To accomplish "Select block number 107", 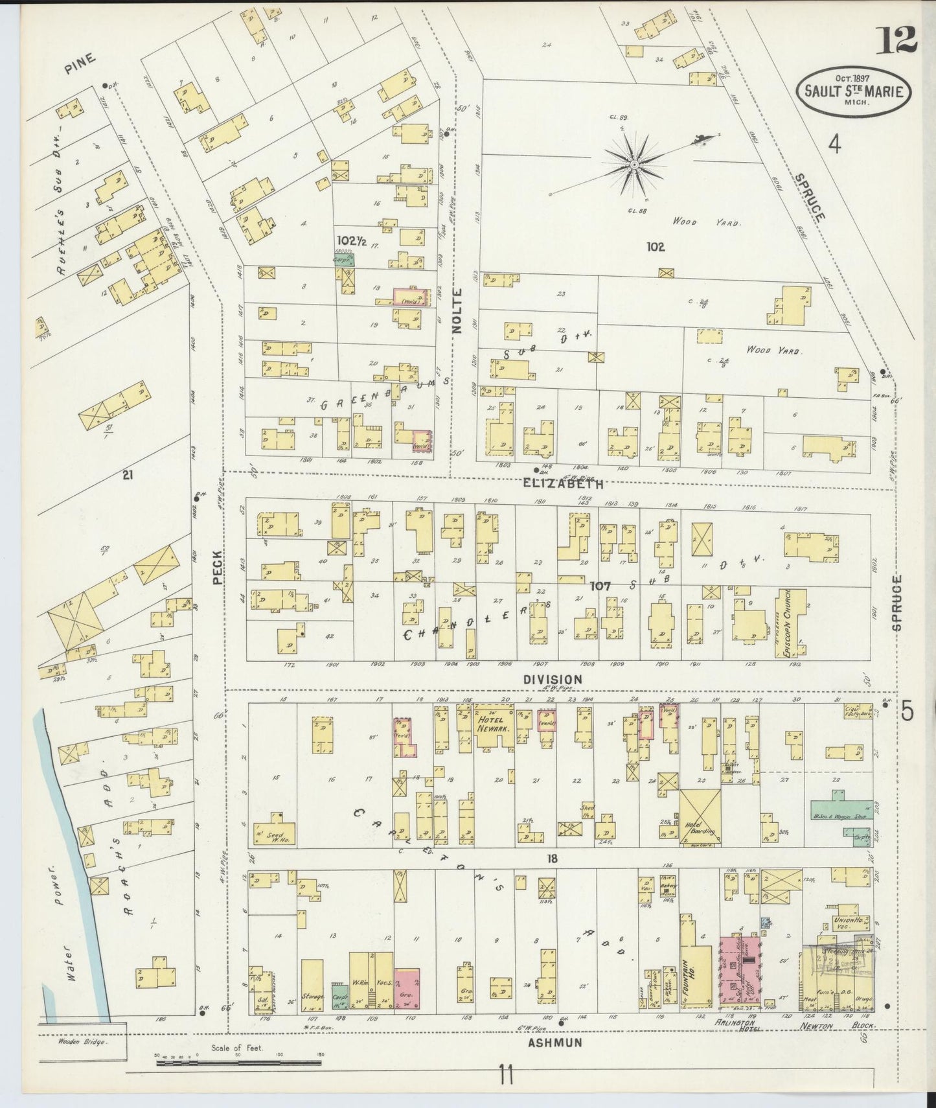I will (x=600, y=586).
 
